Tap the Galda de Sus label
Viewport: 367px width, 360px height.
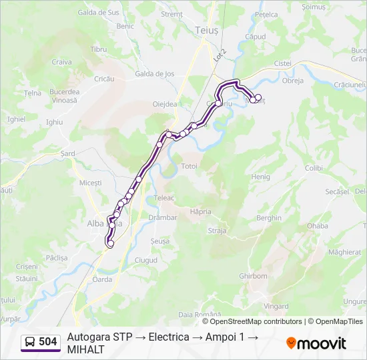pos(99,12)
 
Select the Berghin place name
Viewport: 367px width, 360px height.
pos(269,218)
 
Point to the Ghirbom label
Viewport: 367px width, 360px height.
pos(252,275)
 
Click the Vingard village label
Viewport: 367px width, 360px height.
pos(277,306)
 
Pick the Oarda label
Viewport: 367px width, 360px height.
pos(102,279)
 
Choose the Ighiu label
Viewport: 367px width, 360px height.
pos(54,122)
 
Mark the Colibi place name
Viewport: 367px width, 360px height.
pos(314,168)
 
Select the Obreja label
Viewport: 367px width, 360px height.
pos(293,81)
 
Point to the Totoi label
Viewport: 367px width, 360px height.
pos(190,165)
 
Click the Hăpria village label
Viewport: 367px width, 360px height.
pos(200,211)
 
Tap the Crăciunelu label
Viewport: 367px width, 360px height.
pos(350,85)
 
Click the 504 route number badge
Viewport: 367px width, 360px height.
pos(47,342)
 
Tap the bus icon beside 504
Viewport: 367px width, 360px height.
pos(30,342)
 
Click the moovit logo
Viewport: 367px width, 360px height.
pos(316,343)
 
